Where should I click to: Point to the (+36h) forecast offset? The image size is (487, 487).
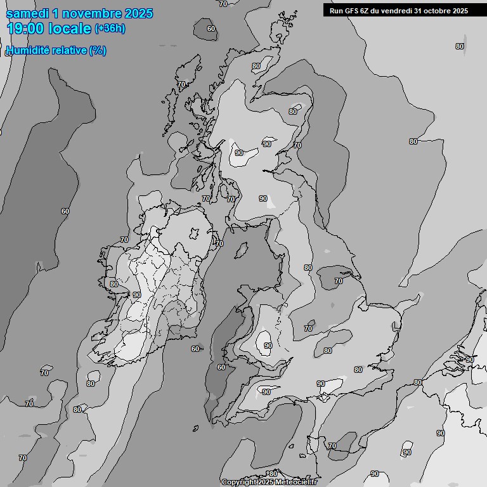click(x=110, y=29)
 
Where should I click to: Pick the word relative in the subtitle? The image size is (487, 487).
click(x=68, y=50)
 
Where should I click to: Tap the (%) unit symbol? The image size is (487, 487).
click(x=98, y=50)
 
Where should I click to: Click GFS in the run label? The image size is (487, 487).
click(x=351, y=11)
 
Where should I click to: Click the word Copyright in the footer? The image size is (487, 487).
click(x=239, y=483)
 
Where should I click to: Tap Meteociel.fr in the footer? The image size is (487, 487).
click(x=297, y=483)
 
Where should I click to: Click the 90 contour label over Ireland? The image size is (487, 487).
click(x=136, y=295)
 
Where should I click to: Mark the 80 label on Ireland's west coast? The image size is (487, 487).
click(x=114, y=284)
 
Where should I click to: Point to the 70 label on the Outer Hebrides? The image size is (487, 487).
click(x=181, y=84)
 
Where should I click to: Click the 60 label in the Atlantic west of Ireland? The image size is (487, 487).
click(x=65, y=211)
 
